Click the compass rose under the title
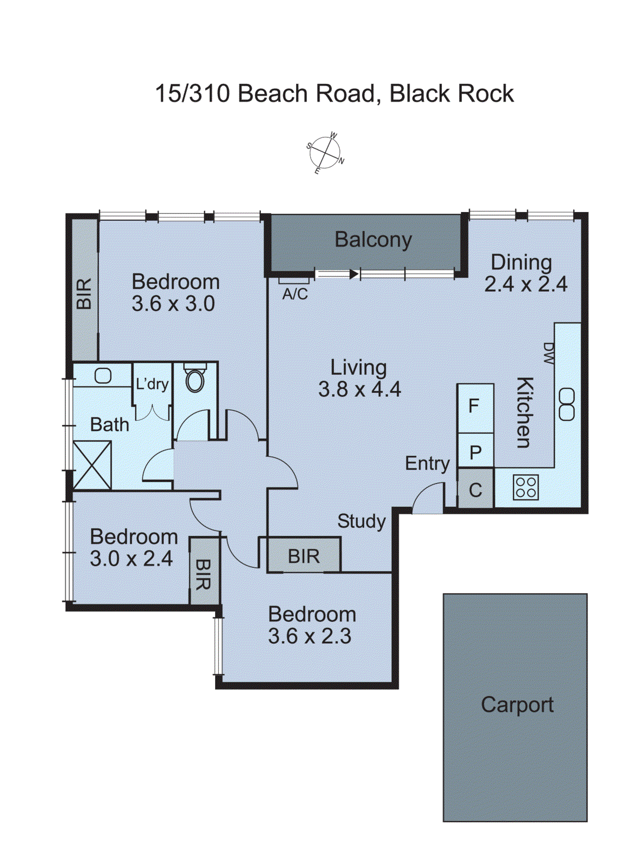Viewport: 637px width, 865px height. click(x=325, y=153)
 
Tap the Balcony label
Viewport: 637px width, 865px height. click(x=373, y=239)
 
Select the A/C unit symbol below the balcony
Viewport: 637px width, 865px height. click(x=294, y=281)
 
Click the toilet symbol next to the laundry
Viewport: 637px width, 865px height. click(x=195, y=378)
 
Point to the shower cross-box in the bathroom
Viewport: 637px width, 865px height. click(x=92, y=465)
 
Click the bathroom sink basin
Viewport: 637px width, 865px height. click(x=103, y=375)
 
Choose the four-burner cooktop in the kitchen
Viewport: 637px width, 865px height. click(x=525, y=487)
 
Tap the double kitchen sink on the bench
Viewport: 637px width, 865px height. click(x=566, y=404)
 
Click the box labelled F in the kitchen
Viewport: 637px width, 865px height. click(x=474, y=406)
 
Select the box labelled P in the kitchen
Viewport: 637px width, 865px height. click(x=475, y=452)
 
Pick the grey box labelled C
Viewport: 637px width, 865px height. click(x=475, y=490)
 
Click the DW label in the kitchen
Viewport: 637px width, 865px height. click(x=548, y=353)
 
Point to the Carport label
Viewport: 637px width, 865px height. click(x=517, y=704)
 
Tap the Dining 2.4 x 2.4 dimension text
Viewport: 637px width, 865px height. click(x=525, y=284)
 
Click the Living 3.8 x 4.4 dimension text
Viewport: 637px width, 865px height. click(x=359, y=389)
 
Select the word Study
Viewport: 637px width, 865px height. click(x=361, y=521)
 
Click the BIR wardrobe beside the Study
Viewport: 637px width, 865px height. click(x=304, y=556)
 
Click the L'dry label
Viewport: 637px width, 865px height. click(x=152, y=384)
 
